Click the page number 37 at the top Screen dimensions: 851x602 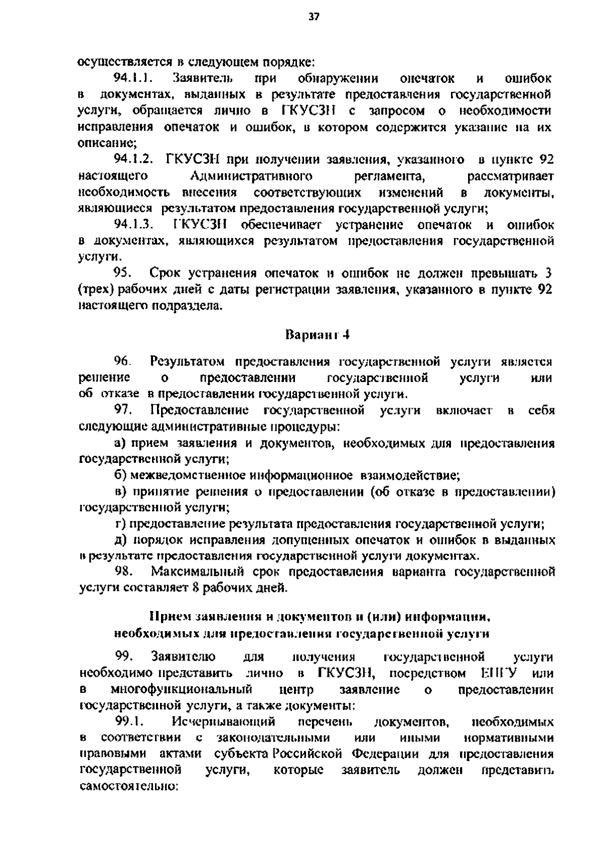coord(314,17)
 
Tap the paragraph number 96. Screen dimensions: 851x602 coord(122,361)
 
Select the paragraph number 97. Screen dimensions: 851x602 coord(122,410)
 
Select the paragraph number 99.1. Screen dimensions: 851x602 coord(130,722)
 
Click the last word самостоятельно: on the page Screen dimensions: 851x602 coord(129,786)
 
